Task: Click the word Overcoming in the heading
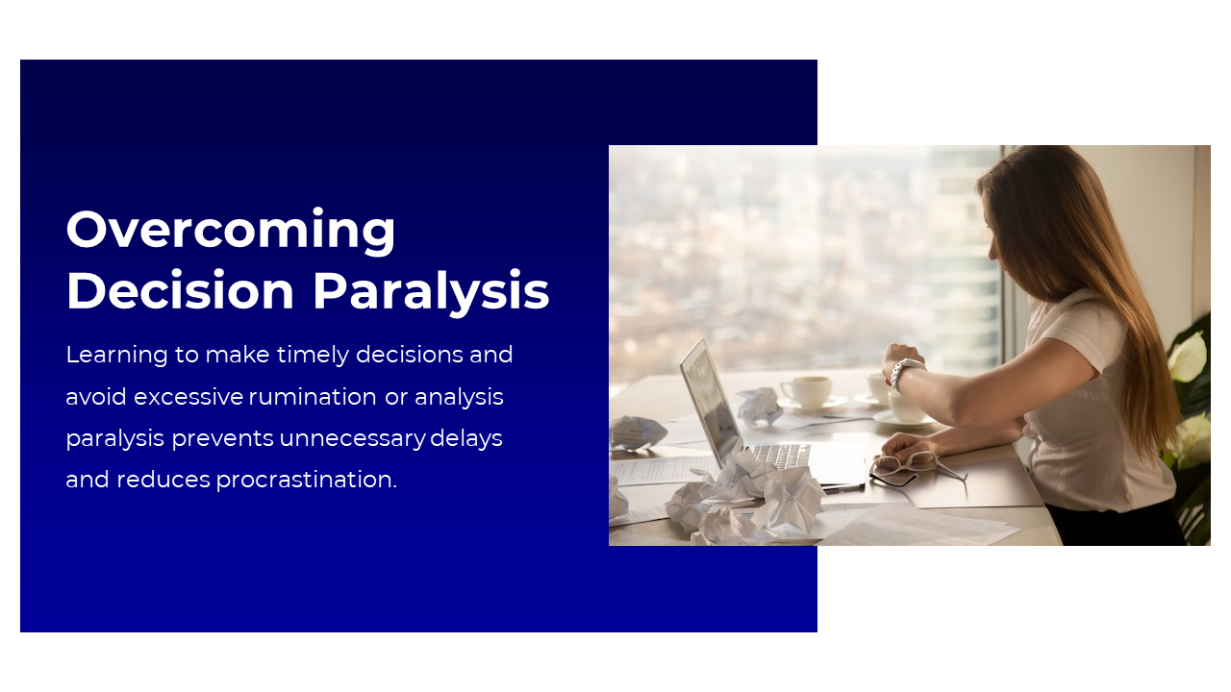230,231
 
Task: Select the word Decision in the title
180,291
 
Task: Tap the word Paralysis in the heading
432,292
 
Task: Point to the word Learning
116,356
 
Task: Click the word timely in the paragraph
313,356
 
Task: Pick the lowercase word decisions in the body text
410,355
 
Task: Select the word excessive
188,397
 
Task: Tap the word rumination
313,397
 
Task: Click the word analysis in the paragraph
459,397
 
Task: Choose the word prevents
222,439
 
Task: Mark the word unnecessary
352,439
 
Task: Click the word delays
466,438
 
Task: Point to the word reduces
163,480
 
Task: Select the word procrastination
306,480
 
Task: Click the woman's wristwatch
905,374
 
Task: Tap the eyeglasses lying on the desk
913,468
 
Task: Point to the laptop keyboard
780,455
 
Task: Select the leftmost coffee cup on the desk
807,391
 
